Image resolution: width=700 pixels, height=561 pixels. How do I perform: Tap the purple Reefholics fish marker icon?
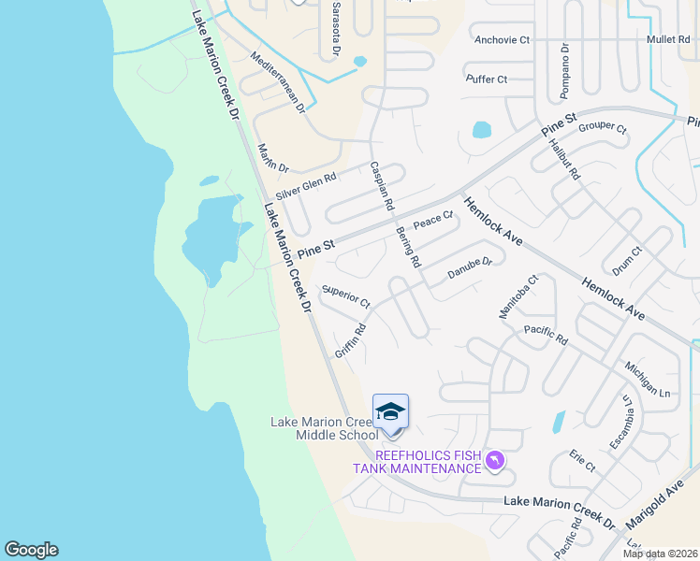coord(495,460)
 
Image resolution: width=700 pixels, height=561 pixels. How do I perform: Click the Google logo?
coord(31,550)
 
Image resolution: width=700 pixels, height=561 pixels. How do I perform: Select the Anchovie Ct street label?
coord(502,40)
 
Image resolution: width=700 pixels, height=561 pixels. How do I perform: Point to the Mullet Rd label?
coord(668,40)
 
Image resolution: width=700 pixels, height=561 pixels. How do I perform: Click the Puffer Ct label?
coord(486,79)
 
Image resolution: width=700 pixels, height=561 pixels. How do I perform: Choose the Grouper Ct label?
coord(602,127)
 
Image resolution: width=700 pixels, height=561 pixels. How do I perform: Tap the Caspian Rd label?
coord(382,184)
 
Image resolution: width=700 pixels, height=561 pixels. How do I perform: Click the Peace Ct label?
coord(432,221)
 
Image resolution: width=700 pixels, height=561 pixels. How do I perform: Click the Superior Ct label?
coord(346,297)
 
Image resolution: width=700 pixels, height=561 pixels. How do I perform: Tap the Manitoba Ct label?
coord(518,296)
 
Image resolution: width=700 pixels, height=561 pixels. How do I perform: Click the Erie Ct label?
coord(581,461)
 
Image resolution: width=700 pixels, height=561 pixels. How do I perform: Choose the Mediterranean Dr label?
coord(279,82)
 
